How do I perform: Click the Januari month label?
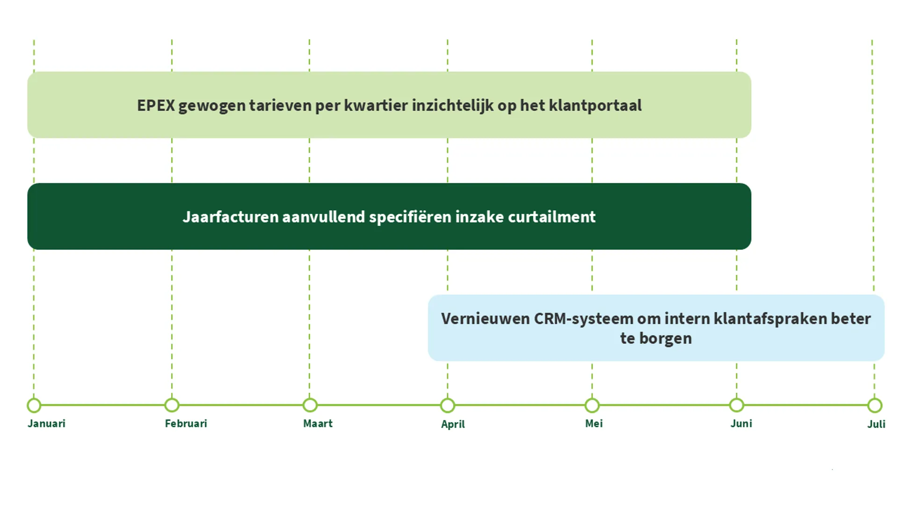(46, 424)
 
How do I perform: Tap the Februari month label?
(186, 424)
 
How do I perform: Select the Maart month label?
(318, 424)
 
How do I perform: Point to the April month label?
(453, 425)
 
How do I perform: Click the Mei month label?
(594, 424)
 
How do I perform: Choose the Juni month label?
(741, 424)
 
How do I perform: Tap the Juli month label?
(876, 424)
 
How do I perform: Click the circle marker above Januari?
(34, 405)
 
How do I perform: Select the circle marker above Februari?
(172, 405)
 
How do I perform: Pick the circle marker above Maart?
(310, 405)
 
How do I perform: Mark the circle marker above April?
(448, 405)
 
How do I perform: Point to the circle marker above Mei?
(592, 405)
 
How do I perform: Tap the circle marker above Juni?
(737, 405)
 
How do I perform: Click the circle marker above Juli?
(875, 405)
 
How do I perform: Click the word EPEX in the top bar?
(156, 106)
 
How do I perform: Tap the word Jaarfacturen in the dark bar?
(230, 217)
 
